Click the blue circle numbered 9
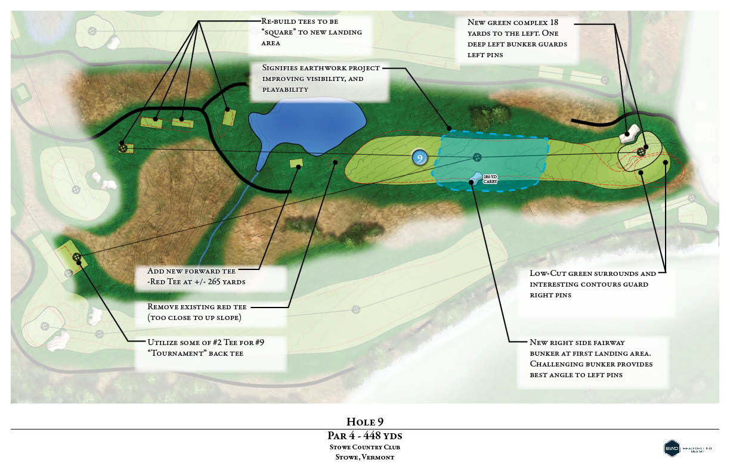(420, 158)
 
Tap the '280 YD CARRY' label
(490, 178)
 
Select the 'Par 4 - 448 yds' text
(364, 436)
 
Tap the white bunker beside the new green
(629, 134)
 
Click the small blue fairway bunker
(476, 176)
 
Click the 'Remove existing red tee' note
(197, 312)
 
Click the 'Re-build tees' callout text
(311, 32)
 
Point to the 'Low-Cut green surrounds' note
(593, 284)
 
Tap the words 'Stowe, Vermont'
(364, 457)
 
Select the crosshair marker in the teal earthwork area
(477, 157)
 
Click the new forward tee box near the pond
(296, 163)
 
